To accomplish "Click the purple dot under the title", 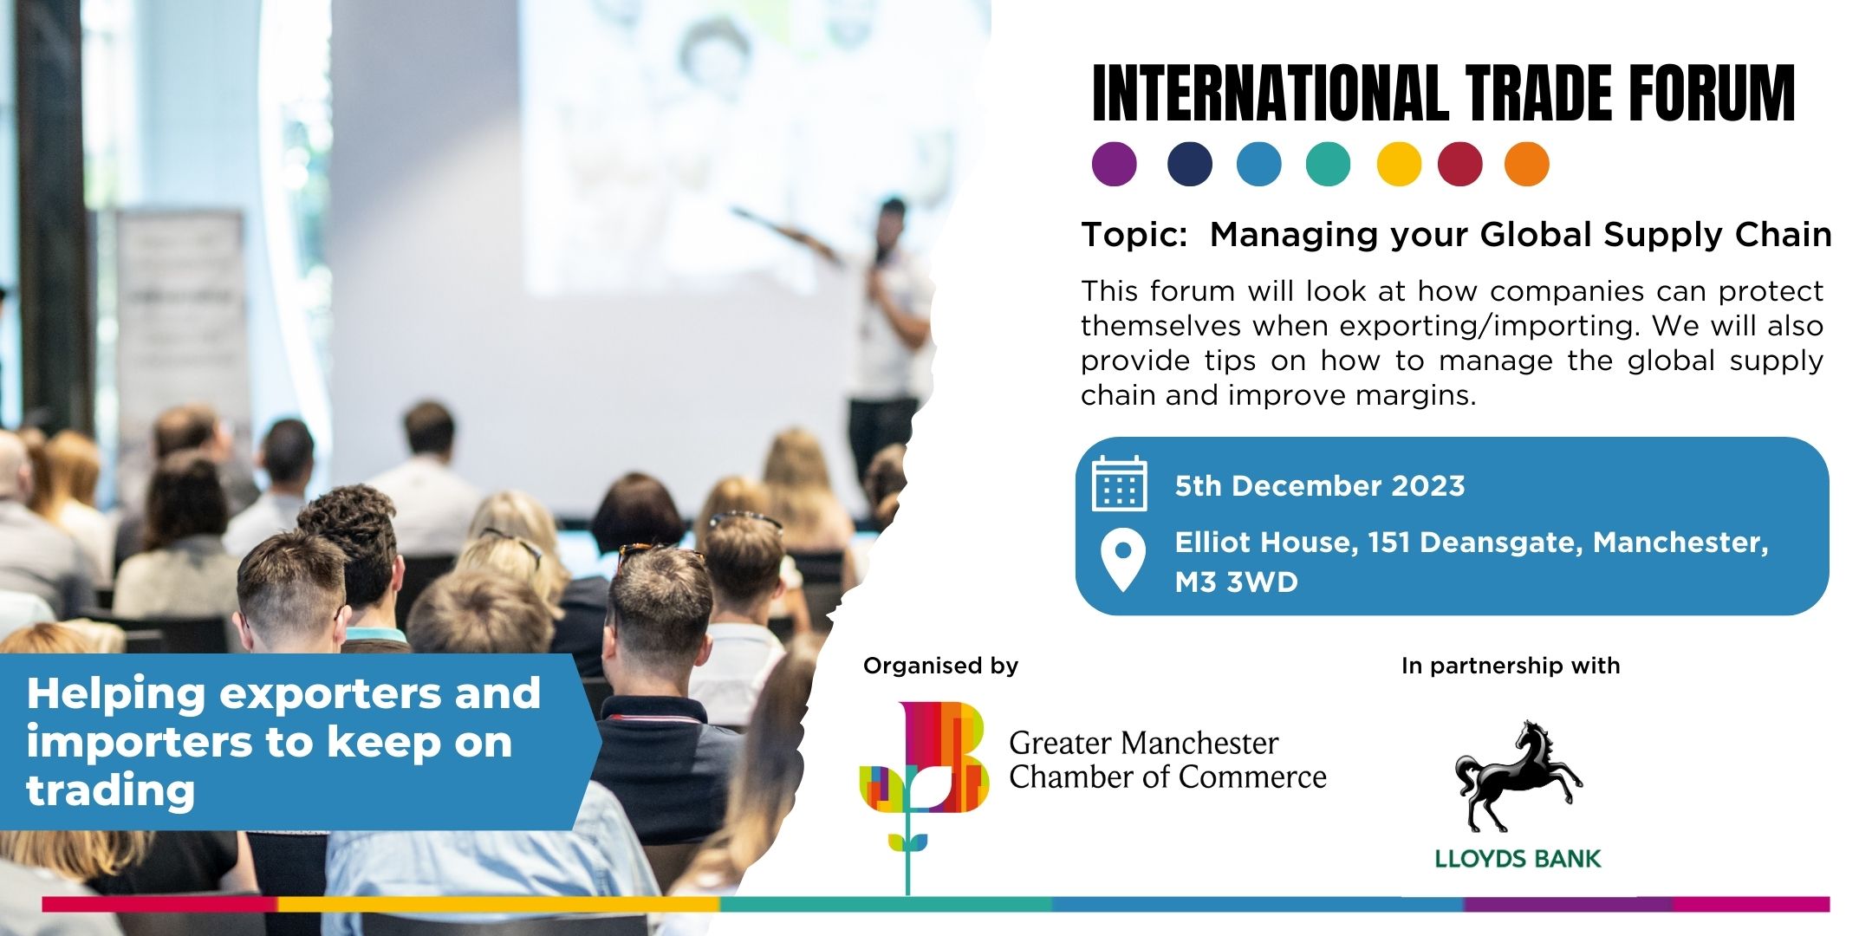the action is point(1114,164).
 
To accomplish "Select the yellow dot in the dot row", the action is point(1399,164).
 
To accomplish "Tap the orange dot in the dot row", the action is point(1526,164).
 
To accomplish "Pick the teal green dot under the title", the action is point(1328,164).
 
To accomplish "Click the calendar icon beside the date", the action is point(1119,484).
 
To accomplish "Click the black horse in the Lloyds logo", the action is point(1518,776).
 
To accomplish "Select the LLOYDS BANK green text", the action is point(1518,859).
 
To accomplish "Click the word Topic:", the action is point(1134,235).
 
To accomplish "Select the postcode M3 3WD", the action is point(1236,582).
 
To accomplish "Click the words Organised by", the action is point(940,666).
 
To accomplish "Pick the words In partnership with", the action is point(1510,666).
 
